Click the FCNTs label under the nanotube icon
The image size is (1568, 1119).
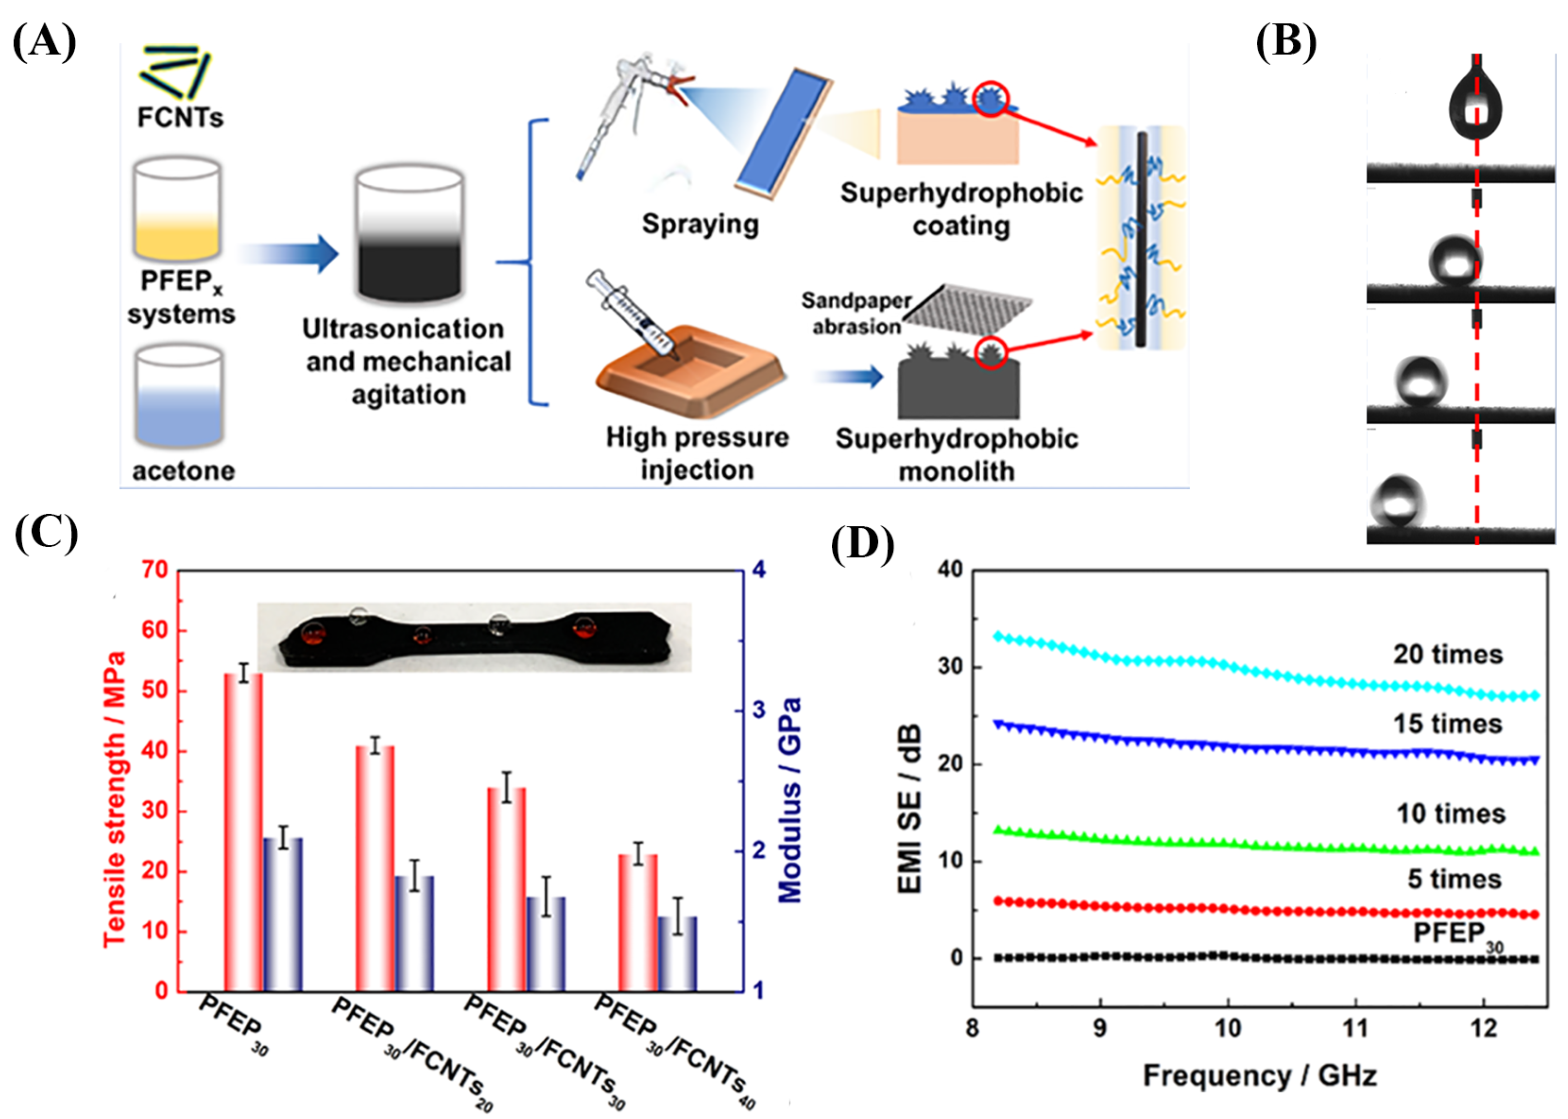tap(180, 117)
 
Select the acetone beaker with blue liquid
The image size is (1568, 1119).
tap(179, 398)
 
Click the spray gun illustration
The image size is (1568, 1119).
tap(623, 110)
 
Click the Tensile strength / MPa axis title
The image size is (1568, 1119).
tap(114, 799)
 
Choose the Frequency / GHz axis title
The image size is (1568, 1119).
tap(1259, 1075)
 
